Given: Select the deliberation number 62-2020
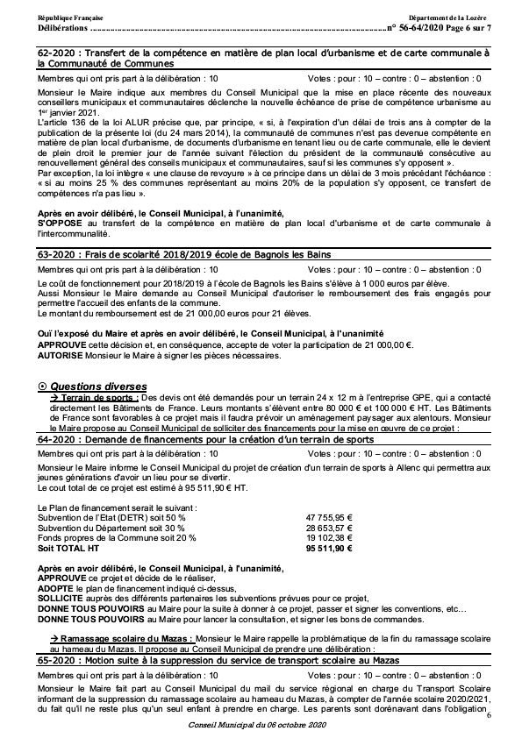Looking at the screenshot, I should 55,55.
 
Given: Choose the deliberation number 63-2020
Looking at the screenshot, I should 55,254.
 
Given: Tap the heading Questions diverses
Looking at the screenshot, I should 97,386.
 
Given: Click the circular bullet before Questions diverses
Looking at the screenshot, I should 44,386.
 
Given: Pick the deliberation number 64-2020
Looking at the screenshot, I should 55,439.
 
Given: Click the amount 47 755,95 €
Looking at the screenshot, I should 329,517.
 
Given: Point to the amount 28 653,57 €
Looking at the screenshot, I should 329,528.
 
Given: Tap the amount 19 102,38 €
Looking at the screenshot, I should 329,537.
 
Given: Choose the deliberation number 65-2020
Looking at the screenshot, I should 55,660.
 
